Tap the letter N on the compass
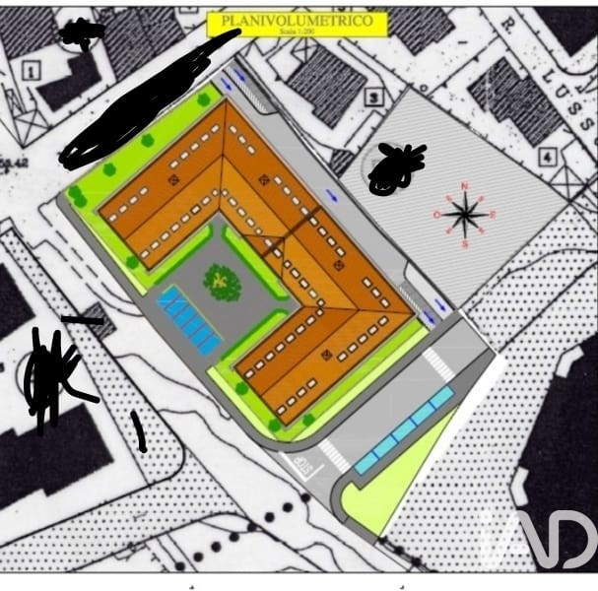(466, 186)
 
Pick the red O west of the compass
(437, 214)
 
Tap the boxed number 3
(373, 98)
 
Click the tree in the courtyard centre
(223, 283)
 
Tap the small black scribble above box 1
(83, 33)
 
